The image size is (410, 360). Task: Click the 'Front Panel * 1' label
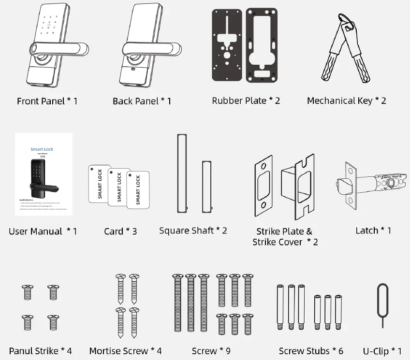(x=47, y=101)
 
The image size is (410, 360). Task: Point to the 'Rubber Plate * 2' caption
(x=246, y=101)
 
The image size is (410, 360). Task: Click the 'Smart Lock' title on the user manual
(x=42, y=149)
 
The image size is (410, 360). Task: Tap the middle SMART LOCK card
(x=119, y=187)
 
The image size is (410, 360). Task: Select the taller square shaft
(x=182, y=172)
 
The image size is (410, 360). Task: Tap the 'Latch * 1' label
(x=373, y=230)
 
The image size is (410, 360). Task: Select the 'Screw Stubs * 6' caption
(x=311, y=351)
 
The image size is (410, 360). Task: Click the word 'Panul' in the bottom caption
(x=21, y=351)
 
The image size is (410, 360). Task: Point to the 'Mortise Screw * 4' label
(x=125, y=351)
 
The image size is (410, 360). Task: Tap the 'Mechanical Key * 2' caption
(x=346, y=101)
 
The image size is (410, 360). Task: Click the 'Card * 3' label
(x=120, y=231)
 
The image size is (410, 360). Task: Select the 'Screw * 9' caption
(x=211, y=351)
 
